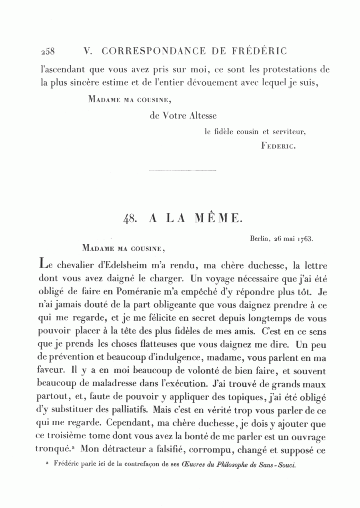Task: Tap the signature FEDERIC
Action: click(278, 146)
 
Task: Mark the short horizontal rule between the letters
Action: click(182, 171)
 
